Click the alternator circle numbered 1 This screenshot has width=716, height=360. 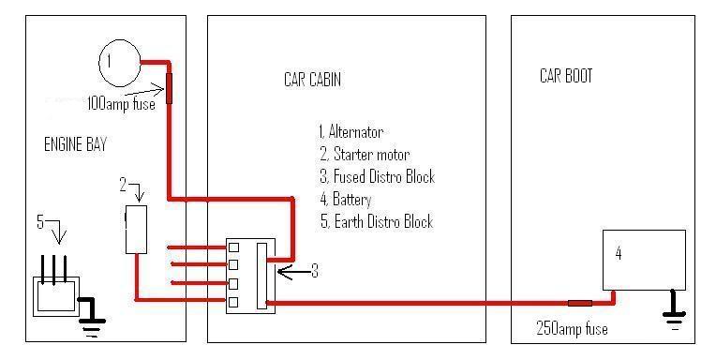pyautogui.click(x=119, y=63)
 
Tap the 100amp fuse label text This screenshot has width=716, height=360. pyautogui.click(x=122, y=104)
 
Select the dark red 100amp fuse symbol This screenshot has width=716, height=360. pyautogui.click(x=170, y=87)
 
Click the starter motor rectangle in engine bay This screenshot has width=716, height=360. pyautogui.click(x=136, y=231)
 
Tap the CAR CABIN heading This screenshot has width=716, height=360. pyautogui.click(x=311, y=80)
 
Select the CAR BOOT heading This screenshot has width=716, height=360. pyautogui.click(x=566, y=75)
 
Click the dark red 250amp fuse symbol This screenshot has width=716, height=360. pyautogui.click(x=579, y=303)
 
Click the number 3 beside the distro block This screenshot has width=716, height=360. pyautogui.click(x=315, y=271)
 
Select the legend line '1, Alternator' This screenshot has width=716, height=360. pyautogui.click(x=351, y=132)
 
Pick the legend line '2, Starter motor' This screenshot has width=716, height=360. pyautogui.click(x=364, y=155)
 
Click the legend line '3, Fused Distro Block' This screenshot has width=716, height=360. pyautogui.click(x=376, y=177)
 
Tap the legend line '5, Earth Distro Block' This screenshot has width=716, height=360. pyautogui.click(x=375, y=222)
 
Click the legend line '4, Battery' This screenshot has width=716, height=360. pyautogui.click(x=345, y=200)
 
